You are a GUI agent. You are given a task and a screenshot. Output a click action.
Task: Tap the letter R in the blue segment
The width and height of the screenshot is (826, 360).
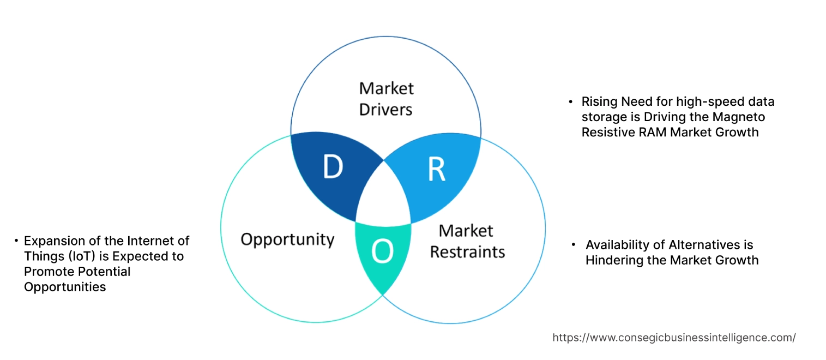[x=436, y=169]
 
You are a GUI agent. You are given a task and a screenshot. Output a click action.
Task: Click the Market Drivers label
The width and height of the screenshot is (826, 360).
[x=386, y=99]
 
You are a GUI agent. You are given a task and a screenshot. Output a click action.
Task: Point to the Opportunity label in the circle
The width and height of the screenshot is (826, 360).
[x=287, y=239]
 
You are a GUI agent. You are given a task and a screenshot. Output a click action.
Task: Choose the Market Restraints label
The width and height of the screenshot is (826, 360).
[x=467, y=241]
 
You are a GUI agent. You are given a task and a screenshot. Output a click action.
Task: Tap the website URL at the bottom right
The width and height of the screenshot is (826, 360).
[x=674, y=338]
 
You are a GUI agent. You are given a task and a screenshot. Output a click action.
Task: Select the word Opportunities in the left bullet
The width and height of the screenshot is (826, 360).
[x=65, y=286]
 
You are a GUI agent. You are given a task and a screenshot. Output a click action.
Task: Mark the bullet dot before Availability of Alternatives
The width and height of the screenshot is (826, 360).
[x=574, y=245]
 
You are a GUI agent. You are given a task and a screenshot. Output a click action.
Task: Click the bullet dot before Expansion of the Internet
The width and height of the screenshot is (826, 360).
[x=16, y=241]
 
